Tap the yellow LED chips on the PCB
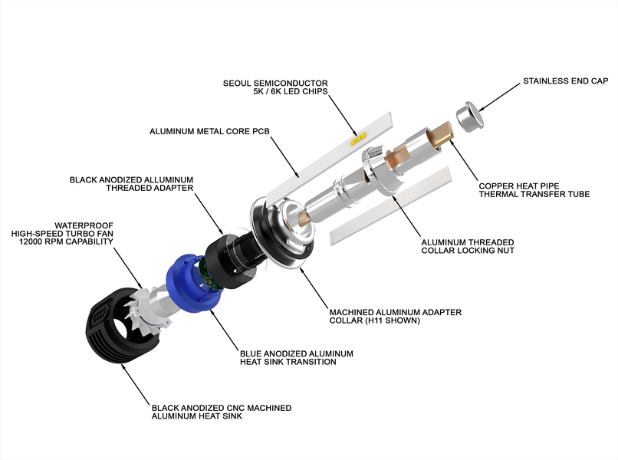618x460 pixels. pos(358,139)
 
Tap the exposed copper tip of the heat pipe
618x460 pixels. pos(442,133)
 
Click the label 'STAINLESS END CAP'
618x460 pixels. pos(566,80)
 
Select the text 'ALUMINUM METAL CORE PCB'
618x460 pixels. pos(209,131)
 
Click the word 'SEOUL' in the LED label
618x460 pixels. pos(237,83)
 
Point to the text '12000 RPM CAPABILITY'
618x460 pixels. pos(66,242)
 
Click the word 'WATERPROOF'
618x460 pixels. pos(84,225)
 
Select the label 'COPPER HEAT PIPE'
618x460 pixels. pos(519,186)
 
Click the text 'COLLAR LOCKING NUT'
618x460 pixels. pos(468,250)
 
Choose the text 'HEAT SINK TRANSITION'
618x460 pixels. pos(288,362)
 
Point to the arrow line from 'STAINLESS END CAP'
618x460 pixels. pos(498,97)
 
